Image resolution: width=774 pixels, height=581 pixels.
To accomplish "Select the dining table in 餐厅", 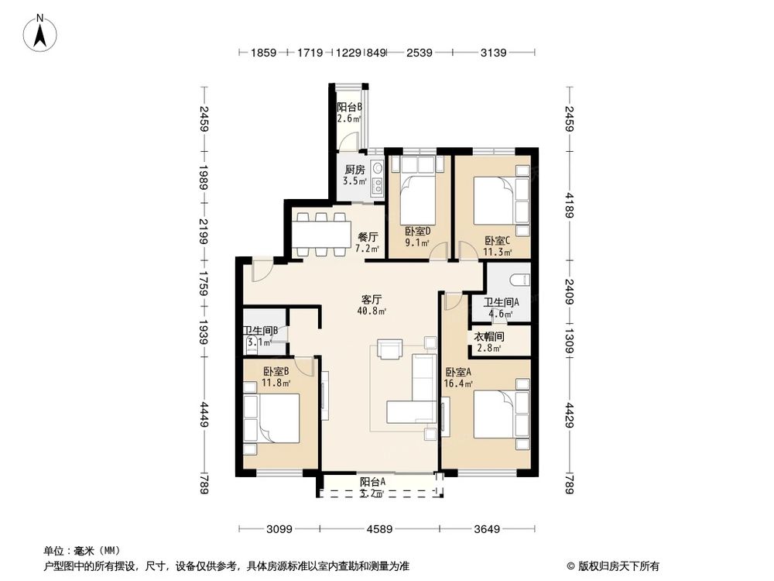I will (x=320, y=231).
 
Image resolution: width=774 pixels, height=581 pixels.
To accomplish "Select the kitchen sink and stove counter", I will (x=377, y=177).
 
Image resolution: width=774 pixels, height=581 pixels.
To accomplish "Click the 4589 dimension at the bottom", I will (x=378, y=530).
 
